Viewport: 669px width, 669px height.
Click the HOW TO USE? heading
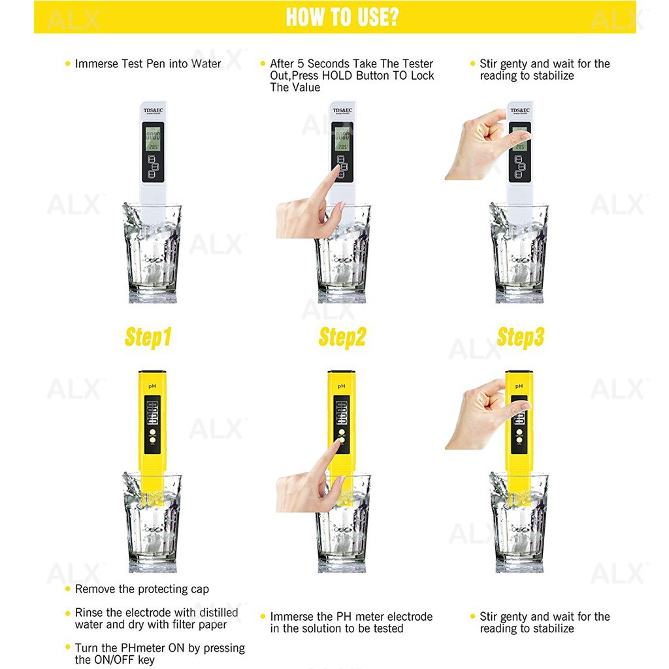click(342, 17)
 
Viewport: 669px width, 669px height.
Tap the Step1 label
click(148, 338)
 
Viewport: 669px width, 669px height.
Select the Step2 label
click(342, 338)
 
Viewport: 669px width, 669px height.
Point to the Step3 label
click(520, 338)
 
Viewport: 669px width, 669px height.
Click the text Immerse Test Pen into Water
click(148, 64)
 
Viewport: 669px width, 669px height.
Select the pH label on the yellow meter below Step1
click(151, 387)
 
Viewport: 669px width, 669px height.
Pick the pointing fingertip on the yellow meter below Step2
click(338, 443)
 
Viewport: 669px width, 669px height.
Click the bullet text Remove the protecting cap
click(142, 589)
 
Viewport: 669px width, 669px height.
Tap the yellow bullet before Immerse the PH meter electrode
click(263, 617)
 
